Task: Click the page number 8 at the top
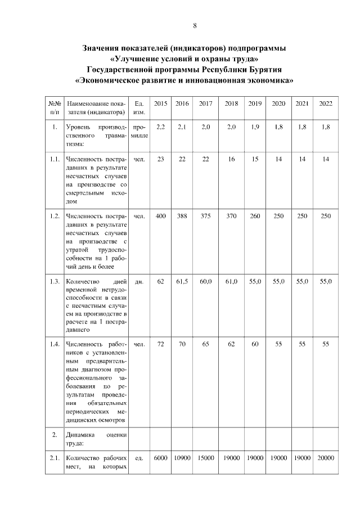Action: pyautogui.click(x=195, y=25)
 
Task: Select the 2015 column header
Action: pyautogui.click(x=161, y=103)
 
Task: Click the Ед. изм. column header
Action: pyautogui.click(x=140, y=108)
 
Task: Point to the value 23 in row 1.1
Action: pyautogui.click(x=161, y=159)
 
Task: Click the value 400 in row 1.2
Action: pyautogui.click(x=161, y=217)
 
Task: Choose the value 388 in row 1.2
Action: pyautogui.click(x=182, y=217)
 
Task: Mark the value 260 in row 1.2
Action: pyautogui.click(x=255, y=217)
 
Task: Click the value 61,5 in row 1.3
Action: pyautogui.click(x=182, y=281)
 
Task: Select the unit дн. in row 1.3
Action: pyautogui.click(x=140, y=281)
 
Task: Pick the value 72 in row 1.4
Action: pyautogui.click(x=161, y=344)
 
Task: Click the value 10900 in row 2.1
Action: pyautogui.click(x=182, y=458)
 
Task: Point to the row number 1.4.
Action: pyautogui.click(x=55, y=344)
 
